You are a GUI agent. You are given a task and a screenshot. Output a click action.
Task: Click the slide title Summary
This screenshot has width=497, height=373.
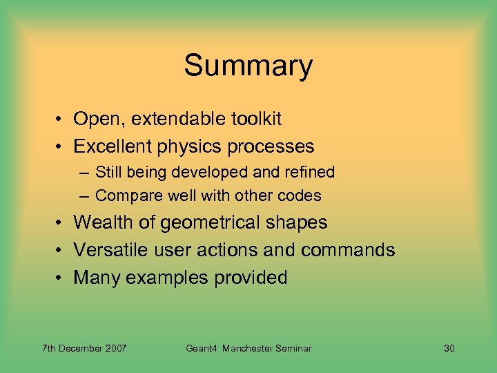(x=248, y=66)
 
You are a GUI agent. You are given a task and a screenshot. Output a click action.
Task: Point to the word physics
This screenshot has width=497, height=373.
(x=191, y=147)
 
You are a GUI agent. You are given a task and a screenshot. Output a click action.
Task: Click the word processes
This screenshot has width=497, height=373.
(x=271, y=147)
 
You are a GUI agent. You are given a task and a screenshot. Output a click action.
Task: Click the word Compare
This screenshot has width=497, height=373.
(x=126, y=196)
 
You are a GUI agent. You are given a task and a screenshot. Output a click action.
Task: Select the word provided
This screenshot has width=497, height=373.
(x=252, y=278)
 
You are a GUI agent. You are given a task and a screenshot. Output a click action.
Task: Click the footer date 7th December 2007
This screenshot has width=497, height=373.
(x=84, y=348)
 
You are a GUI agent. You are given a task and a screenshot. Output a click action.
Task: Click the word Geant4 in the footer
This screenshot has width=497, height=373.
(x=202, y=348)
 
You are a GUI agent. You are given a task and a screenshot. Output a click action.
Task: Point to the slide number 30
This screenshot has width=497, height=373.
(x=449, y=348)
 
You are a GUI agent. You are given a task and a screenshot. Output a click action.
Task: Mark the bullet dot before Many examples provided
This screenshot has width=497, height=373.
(x=61, y=278)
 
